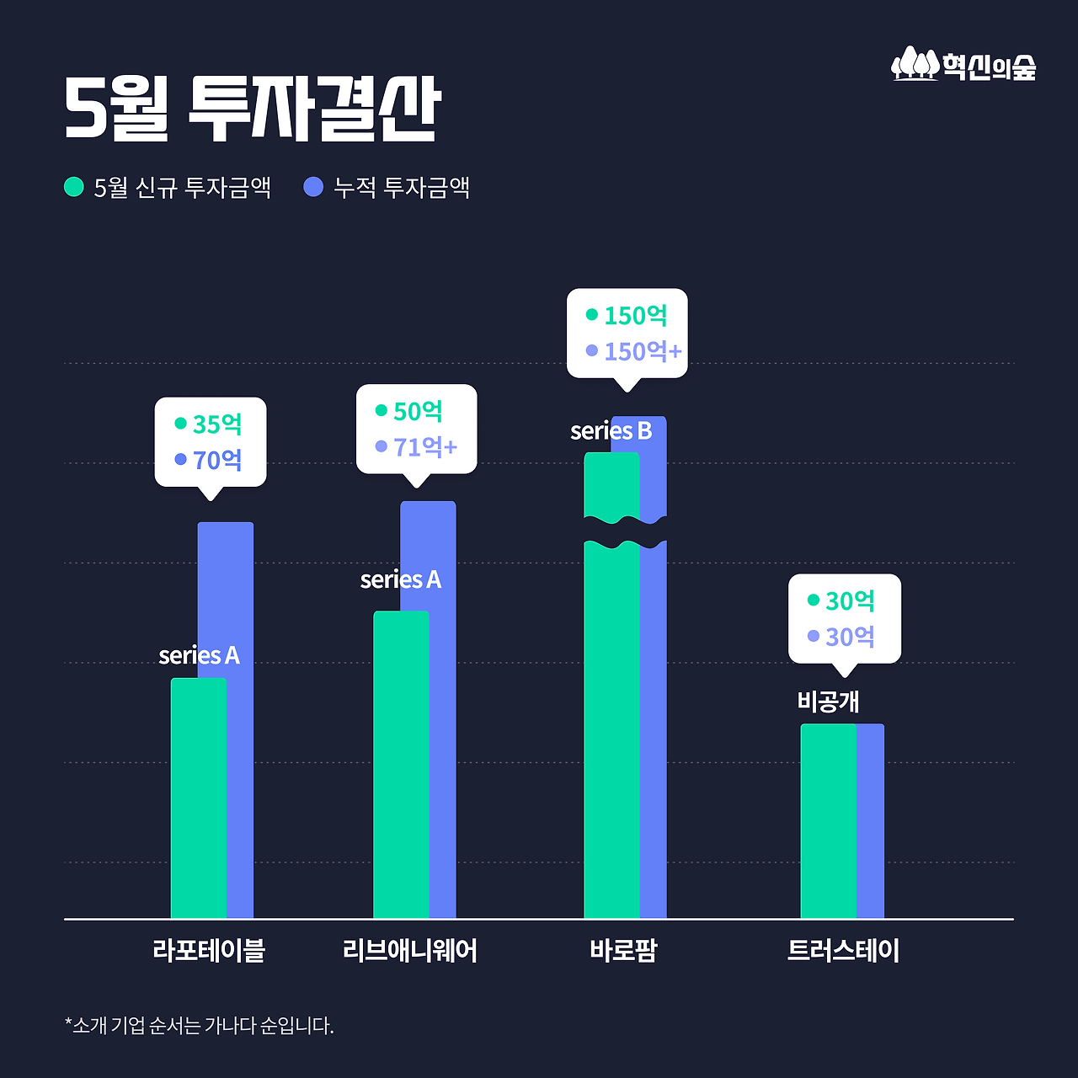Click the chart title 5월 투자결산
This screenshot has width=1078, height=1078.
(252, 109)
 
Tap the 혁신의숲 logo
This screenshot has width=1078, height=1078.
(963, 65)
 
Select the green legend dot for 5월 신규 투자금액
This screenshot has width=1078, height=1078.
(74, 187)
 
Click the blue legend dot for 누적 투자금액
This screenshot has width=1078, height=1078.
(313, 187)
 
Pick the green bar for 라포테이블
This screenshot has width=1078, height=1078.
(198, 800)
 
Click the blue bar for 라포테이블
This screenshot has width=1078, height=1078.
(240, 716)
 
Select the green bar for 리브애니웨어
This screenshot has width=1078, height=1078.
(401, 766)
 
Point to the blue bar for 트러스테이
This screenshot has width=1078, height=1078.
(870, 821)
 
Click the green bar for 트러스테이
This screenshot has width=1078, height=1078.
(828, 821)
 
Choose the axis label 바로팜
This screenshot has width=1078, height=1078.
(623, 951)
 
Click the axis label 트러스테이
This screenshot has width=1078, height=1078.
(843, 951)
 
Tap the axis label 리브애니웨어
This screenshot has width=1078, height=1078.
(410, 951)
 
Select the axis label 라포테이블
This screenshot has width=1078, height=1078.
(209, 951)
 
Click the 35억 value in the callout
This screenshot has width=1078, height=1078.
(217, 424)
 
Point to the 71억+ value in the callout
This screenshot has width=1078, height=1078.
(424, 447)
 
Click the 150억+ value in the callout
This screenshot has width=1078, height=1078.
(642, 351)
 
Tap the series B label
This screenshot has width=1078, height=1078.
(611, 431)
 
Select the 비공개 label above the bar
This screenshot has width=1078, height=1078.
(828, 702)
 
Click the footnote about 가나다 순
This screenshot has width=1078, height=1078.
(200, 1026)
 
